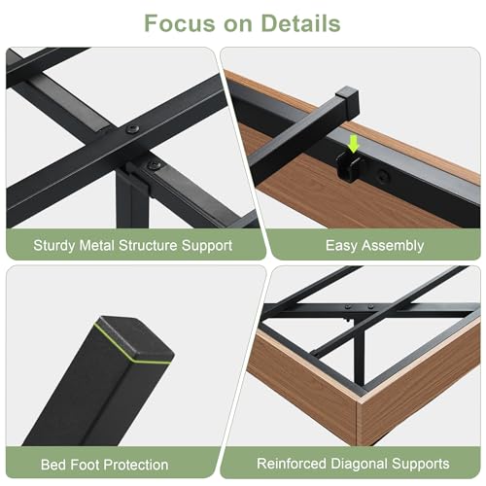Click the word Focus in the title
tap(180, 23)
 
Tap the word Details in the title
tap(300, 23)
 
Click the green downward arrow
tap(354, 144)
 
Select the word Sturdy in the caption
tap(54, 246)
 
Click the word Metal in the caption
tap(97, 245)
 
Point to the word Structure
tap(148, 245)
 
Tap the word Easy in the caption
tap(341, 246)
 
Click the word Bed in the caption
tap(53, 465)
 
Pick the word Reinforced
tap(292, 464)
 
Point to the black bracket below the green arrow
tap(349, 167)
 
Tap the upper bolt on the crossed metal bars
tap(133, 129)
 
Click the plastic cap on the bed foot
tap(134, 340)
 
